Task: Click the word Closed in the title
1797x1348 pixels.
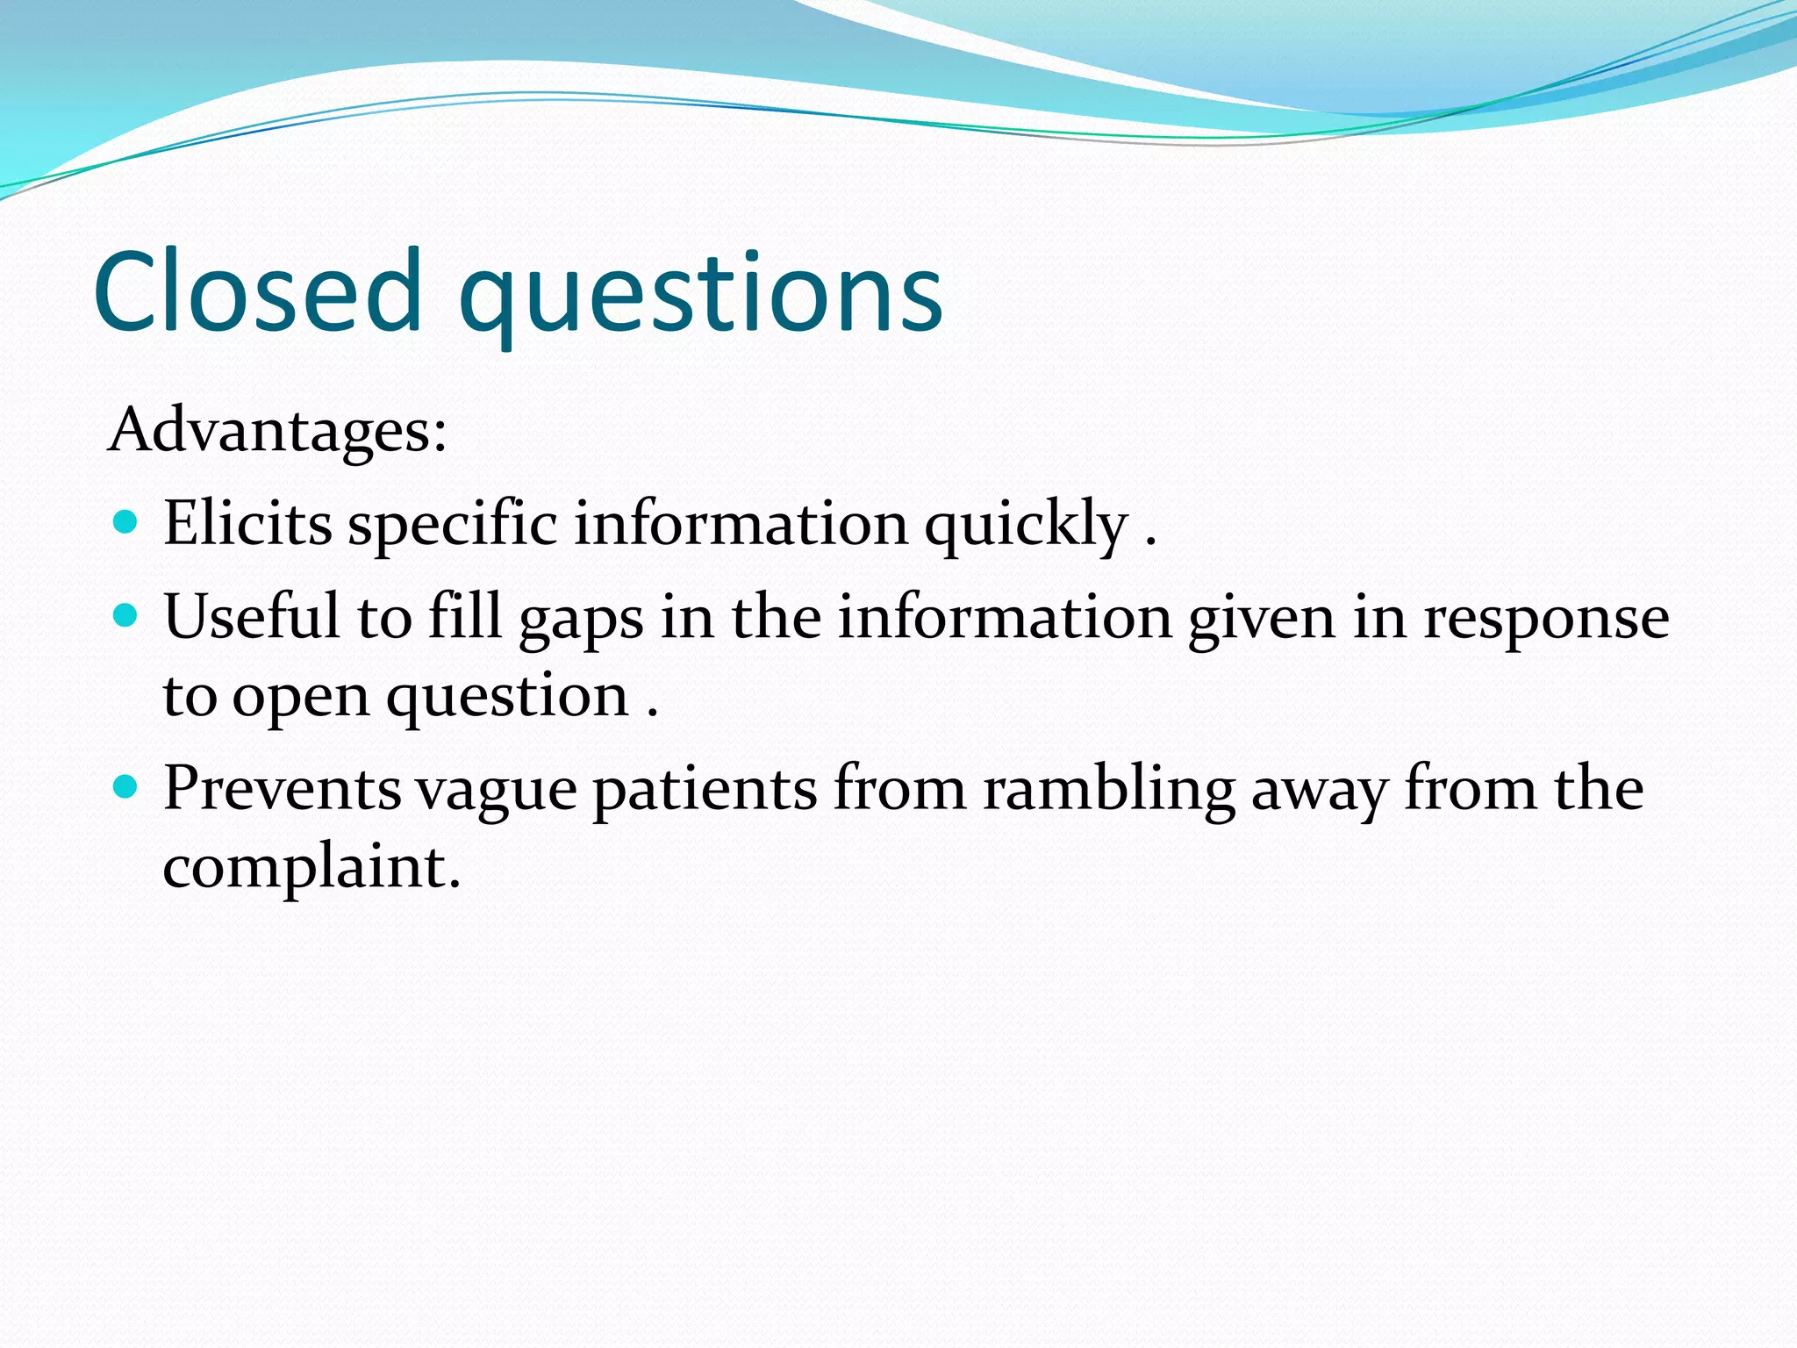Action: click(258, 291)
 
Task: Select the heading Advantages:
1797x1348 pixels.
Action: click(277, 430)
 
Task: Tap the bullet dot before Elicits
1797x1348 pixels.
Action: click(127, 523)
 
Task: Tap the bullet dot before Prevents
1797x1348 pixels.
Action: click(127, 787)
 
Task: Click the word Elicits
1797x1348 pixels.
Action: click(247, 524)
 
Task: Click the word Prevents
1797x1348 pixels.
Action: click(282, 787)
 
